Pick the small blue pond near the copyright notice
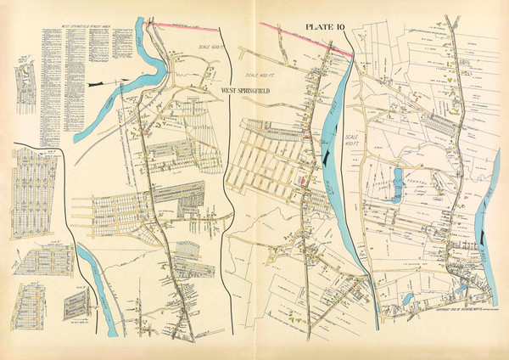tap(408, 299)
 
